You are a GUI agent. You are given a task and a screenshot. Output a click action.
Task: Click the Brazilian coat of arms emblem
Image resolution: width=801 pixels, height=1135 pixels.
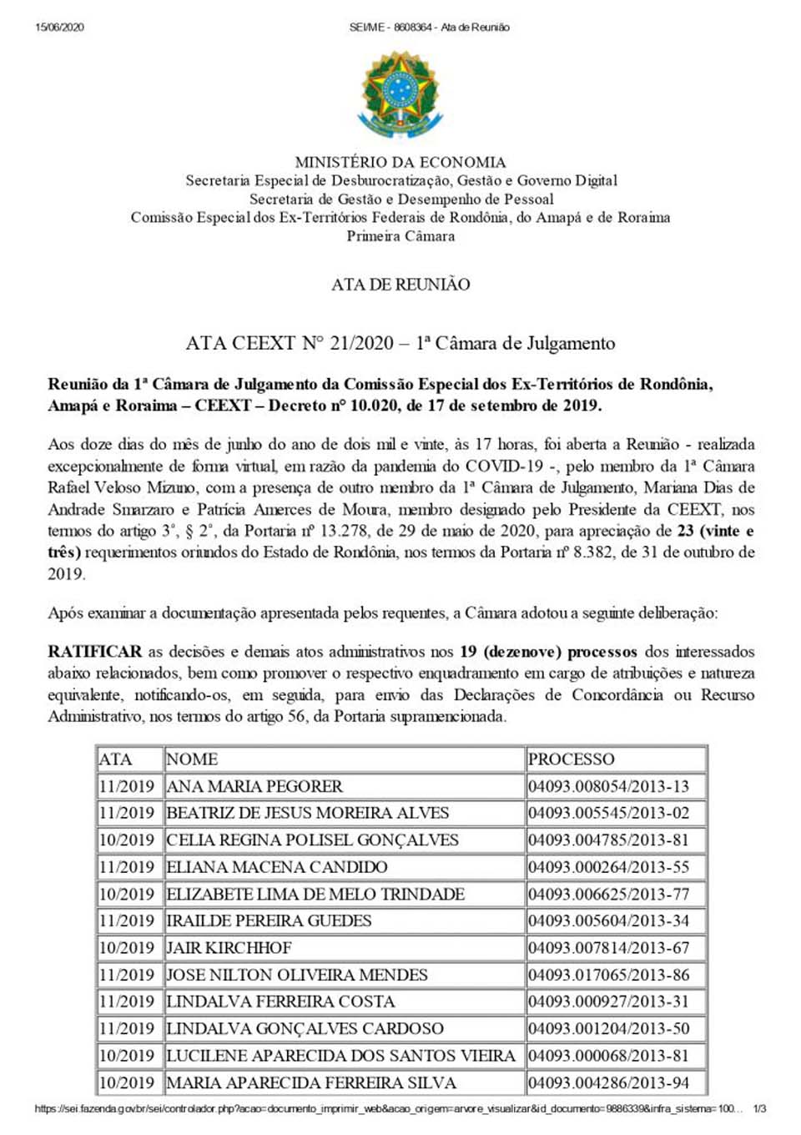tap(400, 94)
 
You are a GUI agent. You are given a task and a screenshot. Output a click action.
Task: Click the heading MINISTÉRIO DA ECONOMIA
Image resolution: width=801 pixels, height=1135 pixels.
tap(400, 162)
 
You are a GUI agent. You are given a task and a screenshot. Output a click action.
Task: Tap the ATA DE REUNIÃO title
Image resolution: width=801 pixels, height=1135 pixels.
tap(400, 285)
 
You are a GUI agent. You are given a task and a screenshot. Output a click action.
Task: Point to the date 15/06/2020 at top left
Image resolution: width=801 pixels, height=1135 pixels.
tap(60, 28)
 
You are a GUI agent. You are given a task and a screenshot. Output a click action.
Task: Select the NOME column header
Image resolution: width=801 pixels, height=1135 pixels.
tap(192, 759)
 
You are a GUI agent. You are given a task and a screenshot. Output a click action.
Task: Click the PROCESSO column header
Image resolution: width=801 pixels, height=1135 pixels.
tap(571, 759)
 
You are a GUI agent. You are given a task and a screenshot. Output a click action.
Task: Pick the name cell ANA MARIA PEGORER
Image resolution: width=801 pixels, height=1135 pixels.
tap(254, 786)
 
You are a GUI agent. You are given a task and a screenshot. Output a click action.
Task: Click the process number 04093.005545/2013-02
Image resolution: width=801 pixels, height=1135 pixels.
tap(608, 813)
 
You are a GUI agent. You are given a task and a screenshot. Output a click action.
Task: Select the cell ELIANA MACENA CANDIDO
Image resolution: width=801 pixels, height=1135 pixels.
tap(277, 867)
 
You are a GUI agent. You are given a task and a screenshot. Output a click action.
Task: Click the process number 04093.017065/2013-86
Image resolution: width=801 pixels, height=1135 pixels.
tap(608, 975)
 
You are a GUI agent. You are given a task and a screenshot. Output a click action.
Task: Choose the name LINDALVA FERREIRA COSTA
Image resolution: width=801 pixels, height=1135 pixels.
tap(280, 1001)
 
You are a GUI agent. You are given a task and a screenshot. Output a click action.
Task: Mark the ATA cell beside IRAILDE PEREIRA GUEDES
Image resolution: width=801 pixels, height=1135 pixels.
tap(127, 921)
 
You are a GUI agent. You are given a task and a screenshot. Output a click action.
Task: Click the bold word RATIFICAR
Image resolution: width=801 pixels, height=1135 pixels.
tap(94, 652)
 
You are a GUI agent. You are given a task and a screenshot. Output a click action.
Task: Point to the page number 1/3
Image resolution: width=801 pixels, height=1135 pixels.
tap(759, 1109)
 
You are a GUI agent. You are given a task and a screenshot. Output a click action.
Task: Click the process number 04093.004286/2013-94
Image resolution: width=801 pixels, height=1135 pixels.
tap(608, 1082)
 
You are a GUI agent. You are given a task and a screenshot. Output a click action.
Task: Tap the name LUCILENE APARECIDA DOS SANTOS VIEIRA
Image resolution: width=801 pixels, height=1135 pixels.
tap(340, 1056)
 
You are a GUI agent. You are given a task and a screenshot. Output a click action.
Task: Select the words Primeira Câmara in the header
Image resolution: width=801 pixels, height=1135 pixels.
tap(400, 236)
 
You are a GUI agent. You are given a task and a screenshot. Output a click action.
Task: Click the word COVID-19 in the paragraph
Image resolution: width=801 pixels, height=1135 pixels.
tap(504, 467)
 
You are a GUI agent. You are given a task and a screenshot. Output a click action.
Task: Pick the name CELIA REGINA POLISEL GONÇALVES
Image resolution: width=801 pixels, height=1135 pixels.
tap(312, 840)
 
